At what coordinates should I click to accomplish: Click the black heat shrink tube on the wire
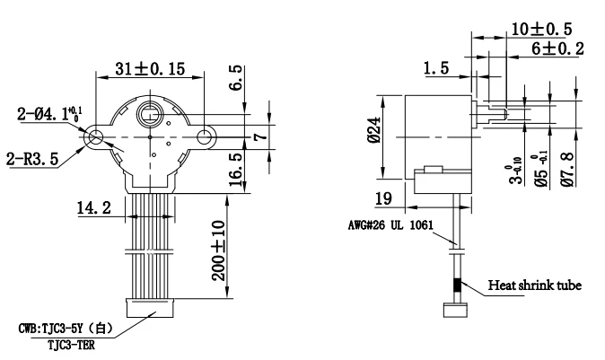pos(458,286)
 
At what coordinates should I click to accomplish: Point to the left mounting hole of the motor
pos(96,136)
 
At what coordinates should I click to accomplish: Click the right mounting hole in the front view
pos(206,136)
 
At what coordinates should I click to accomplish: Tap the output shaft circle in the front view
pos(151,116)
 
